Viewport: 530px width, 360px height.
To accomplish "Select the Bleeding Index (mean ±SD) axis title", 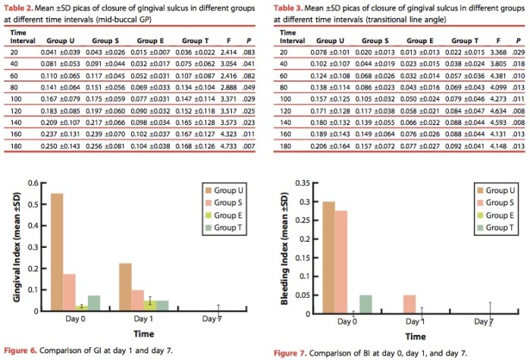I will coord(287,248).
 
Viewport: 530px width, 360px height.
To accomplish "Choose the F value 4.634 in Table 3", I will coord(495,110).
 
